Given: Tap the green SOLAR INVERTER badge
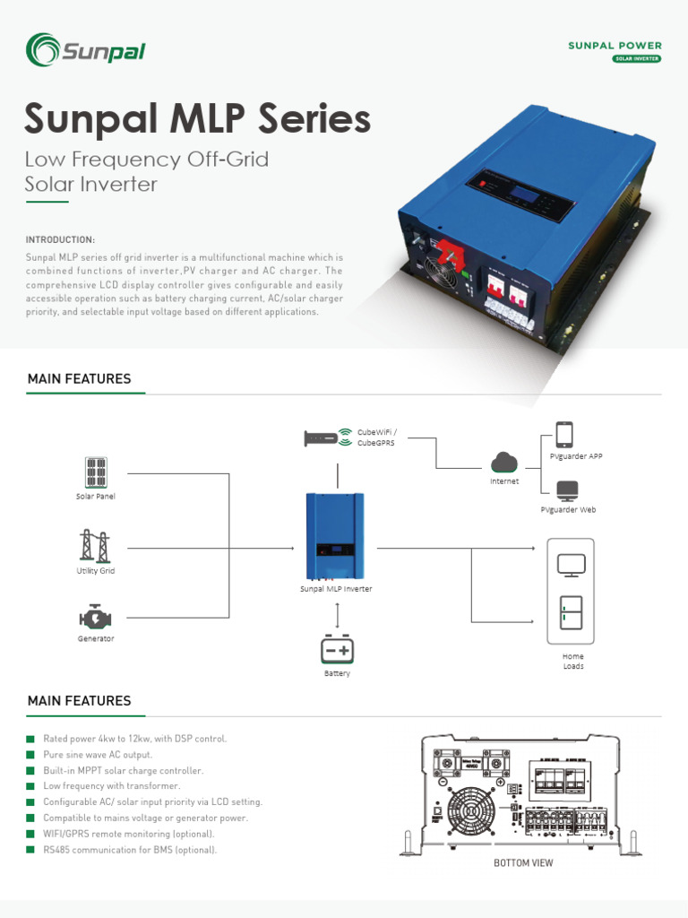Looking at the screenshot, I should click(x=637, y=59).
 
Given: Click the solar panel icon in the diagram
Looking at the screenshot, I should click(x=96, y=472).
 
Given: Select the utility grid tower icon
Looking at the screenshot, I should click(x=96, y=545).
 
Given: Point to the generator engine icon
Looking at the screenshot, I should click(x=96, y=618).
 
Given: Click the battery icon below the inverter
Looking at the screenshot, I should click(x=338, y=650).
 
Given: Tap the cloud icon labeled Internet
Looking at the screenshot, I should click(x=504, y=463).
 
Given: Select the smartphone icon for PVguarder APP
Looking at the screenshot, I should click(x=564, y=435).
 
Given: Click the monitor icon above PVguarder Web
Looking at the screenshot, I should click(x=567, y=490).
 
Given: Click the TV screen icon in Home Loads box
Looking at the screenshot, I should click(x=571, y=565).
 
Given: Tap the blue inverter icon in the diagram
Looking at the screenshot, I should click(x=334, y=536).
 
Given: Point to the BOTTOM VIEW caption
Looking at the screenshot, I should click(x=523, y=863).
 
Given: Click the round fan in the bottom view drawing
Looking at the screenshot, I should click(x=471, y=814).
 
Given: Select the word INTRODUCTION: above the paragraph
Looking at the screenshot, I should click(x=60, y=240).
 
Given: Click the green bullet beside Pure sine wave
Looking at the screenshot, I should click(x=30, y=755).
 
